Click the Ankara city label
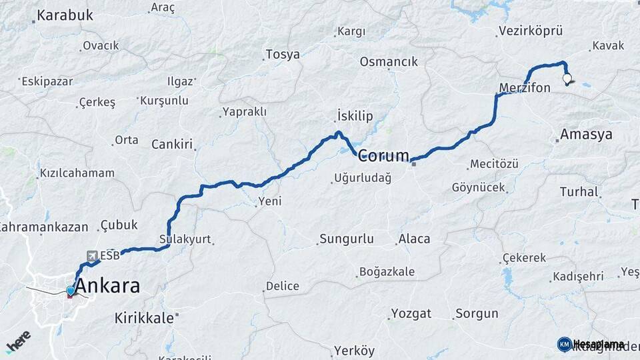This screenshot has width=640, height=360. [x=108, y=287]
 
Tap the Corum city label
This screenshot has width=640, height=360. [x=383, y=156]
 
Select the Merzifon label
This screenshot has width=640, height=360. [x=525, y=87]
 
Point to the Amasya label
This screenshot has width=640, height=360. [x=586, y=135]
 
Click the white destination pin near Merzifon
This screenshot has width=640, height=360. [x=567, y=79]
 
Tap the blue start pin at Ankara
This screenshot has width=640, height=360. [x=70, y=291]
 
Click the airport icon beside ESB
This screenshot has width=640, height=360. [x=91, y=255]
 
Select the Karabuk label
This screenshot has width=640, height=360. [x=65, y=15]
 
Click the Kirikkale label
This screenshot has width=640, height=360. [x=143, y=317]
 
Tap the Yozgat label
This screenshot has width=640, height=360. [x=411, y=313]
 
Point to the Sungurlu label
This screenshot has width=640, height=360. [x=347, y=239]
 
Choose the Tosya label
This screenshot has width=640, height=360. [x=283, y=55]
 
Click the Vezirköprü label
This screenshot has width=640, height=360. [x=530, y=31]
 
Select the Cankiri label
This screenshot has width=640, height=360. [x=172, y=145]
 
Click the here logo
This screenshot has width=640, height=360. [x=18, y=341]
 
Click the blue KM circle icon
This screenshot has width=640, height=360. [x=564, y=344]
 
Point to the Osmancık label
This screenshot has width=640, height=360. [x=389, y=62]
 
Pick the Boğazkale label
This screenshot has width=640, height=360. [x=387, y=271]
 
